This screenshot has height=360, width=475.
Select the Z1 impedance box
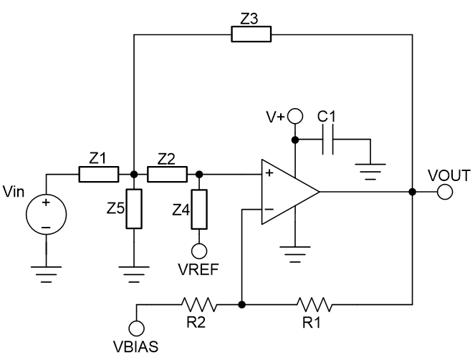coord(98,174)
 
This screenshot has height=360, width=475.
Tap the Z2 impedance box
coord(168,174)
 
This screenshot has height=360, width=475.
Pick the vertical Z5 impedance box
coord(134,209)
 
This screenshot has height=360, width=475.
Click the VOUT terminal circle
coord(445,192)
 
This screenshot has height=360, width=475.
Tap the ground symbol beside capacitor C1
coord(370,170)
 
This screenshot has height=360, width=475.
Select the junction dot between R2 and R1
coord(243,304)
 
